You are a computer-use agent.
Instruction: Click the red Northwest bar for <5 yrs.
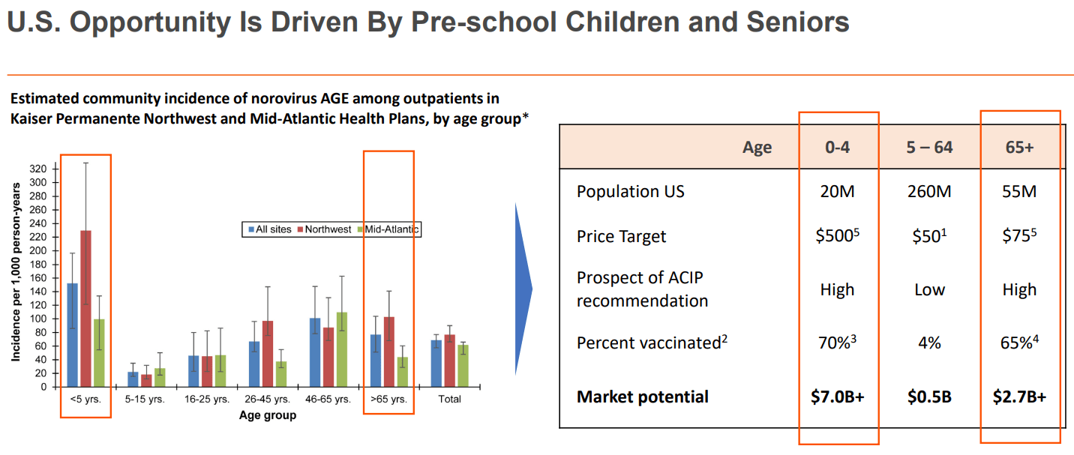(x=86, y=309)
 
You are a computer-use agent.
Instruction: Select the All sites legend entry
(x=269, y=229)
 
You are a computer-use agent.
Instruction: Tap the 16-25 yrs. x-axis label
(x=207, y=400)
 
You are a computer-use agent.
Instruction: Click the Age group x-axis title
(x=268, y=415)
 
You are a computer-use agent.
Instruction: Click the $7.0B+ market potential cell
(x=837, y=397)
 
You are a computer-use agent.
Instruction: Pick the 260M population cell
(x=928, y=191)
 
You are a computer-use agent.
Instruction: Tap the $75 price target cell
(x=1019, y=236)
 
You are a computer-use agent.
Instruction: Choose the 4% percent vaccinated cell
(x=928, y=343)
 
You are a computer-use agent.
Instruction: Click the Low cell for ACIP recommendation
(x=928, y=290)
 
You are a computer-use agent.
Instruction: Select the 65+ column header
(x=1019, y=147)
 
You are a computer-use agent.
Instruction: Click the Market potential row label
(x=642, y=397)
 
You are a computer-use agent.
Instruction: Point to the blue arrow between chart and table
(x=523, y=289)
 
